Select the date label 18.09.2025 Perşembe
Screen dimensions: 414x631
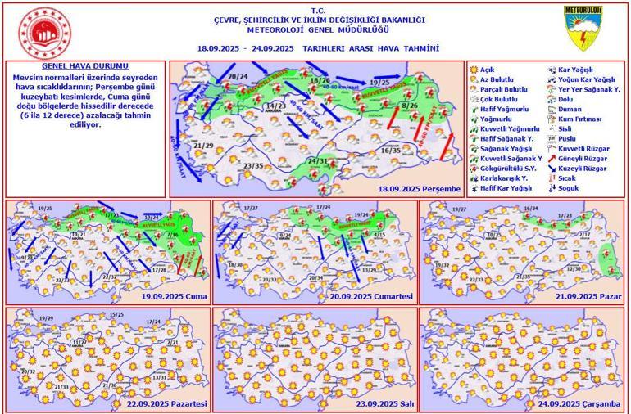(x=424, y=188)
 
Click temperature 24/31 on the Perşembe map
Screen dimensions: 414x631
(x=317, y=161)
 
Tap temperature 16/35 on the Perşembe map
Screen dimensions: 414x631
(x=391, y=151)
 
